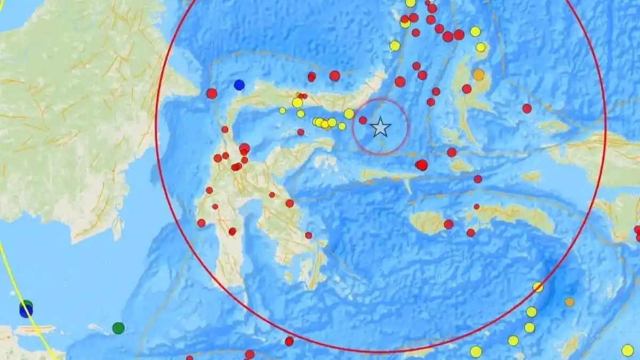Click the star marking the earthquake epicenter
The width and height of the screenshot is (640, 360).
(380, 127)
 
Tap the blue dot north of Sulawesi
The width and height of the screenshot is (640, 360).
(239, 84)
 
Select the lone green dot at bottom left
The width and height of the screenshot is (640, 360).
(118, 328)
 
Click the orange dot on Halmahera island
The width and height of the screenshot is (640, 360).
(479, 75)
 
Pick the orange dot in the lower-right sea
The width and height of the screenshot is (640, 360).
(570, 302)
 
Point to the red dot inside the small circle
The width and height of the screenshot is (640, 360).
(363, 121)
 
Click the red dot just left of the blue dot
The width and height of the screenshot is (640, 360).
(212, 93)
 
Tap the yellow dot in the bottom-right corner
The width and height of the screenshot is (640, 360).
(627, 350)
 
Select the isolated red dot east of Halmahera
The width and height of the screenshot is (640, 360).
(527, 108)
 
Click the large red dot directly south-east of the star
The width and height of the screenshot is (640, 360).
(422, 165)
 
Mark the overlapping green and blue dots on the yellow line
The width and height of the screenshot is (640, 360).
(26, 309)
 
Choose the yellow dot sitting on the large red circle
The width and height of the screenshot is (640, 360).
(538, 287)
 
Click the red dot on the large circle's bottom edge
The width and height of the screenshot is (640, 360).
(289, 341)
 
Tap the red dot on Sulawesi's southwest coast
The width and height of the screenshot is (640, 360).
(201, 223)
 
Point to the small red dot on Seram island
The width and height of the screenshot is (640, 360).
(476, 206)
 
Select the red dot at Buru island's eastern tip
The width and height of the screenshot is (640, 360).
(449, 224)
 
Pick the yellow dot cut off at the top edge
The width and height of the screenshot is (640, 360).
(410, 2)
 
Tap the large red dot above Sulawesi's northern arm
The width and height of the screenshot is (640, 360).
(334, 76)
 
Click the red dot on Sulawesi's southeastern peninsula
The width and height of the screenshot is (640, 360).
(308, 235)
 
